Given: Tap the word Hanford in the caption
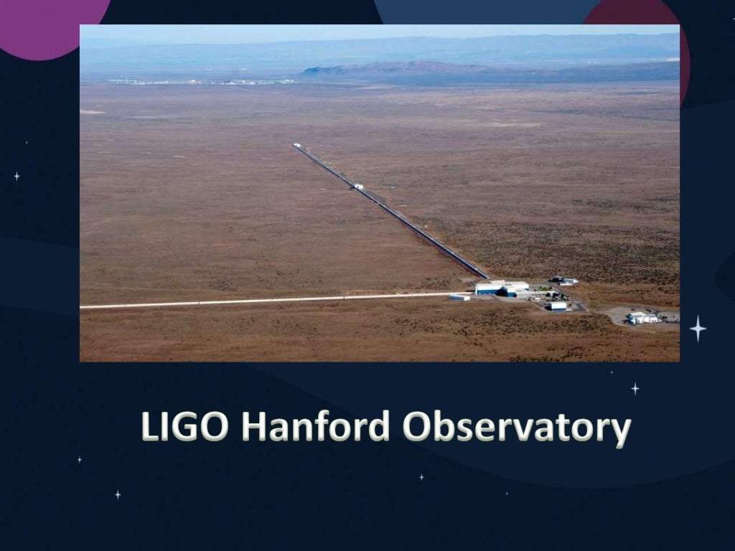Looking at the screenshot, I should [315, 427].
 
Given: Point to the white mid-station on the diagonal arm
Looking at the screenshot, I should [358, 187].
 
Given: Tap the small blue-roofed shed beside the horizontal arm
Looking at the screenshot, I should [459, 297].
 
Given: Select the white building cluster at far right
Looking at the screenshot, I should [642, 318].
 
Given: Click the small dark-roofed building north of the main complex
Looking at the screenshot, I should [562, 281].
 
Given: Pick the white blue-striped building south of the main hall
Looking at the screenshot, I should [557, 306].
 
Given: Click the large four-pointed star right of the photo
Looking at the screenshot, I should [698, 329].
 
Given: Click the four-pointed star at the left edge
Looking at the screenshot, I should [17, 176].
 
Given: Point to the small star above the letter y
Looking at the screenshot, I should [635, 388].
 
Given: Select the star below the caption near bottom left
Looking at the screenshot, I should [118, 494].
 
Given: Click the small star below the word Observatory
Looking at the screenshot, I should [421, 476].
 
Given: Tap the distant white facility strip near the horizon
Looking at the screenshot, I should [201, 82].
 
